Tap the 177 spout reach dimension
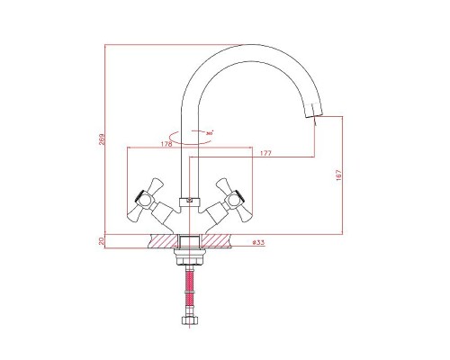265,154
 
